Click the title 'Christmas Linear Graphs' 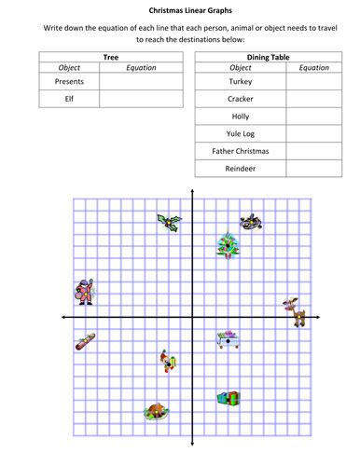point(180,10)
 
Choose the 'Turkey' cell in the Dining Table point(240,81)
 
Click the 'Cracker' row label point(240,99)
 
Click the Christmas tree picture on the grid point(226,245)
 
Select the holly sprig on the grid point(170,222)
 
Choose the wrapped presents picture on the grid point(227,399)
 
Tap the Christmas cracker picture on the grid point(85,341)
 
